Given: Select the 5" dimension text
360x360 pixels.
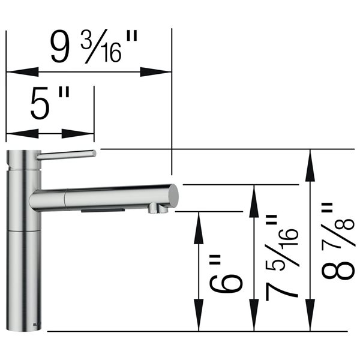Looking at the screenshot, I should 50,106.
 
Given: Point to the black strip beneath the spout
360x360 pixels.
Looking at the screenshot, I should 102,211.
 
